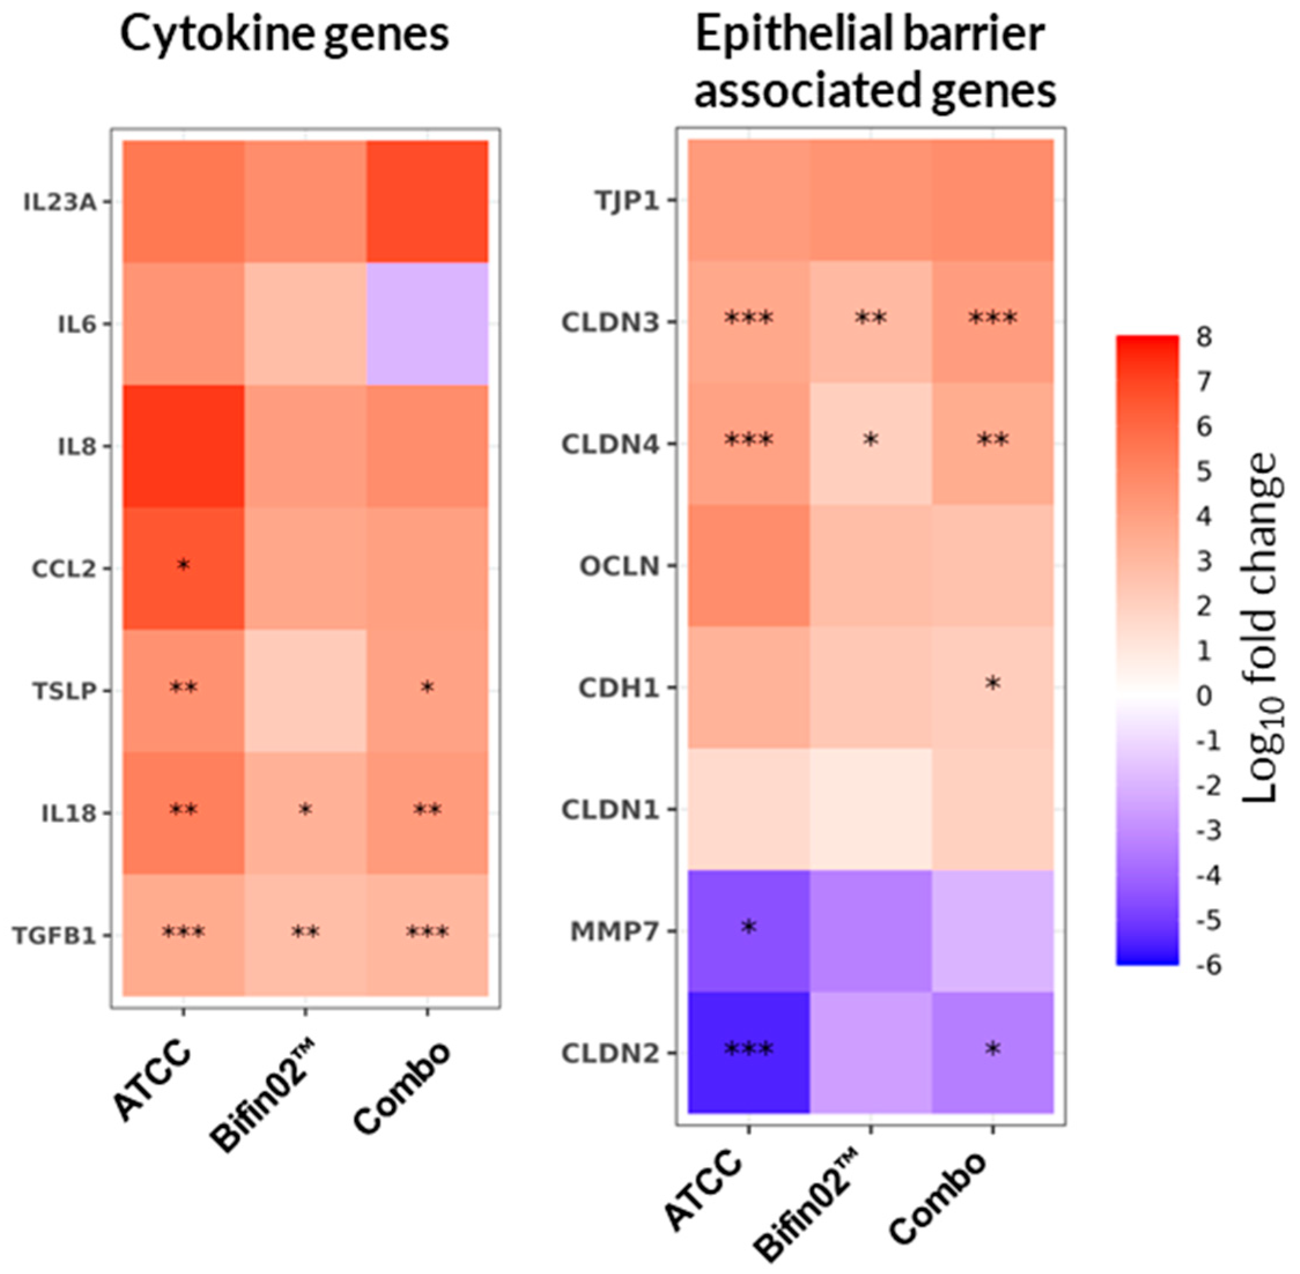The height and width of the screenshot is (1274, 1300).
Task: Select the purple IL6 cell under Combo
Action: click(427, 324)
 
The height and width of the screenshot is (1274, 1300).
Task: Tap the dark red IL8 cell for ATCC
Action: click(183, 446)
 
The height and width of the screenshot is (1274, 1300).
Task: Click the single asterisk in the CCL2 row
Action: click(183, 566)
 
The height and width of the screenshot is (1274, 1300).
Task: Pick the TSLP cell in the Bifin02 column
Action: click(305, 690)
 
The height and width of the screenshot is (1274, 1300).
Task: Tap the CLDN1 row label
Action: click(610, 809)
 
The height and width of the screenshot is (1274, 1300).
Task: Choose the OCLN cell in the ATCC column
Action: click(749, 566)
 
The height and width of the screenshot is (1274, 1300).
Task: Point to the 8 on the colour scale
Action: click(1204, 337)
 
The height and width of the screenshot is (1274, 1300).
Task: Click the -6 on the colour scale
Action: click(1207, 964)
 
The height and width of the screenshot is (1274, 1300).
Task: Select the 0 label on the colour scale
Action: click(1204, 696)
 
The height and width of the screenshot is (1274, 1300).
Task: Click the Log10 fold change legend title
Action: click(1262, 629)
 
